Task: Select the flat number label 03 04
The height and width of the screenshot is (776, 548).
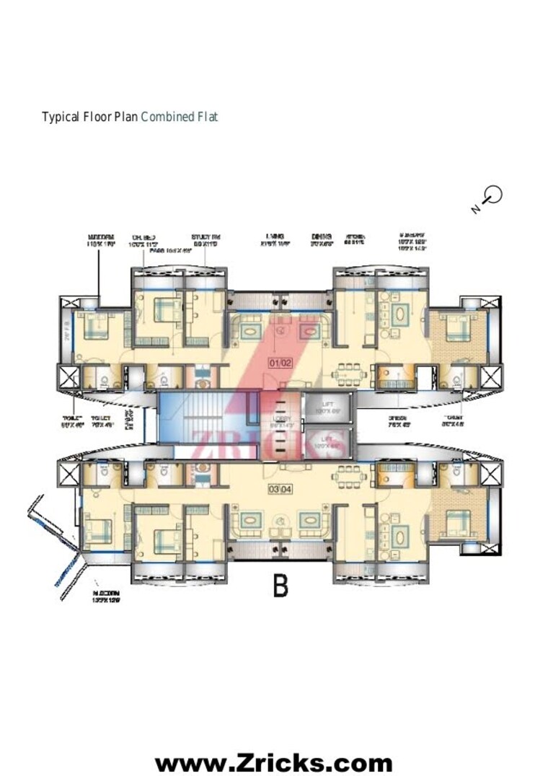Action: (280, 471)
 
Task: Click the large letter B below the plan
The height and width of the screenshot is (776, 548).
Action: (280, 586)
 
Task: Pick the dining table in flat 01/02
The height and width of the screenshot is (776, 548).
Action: (351, 374)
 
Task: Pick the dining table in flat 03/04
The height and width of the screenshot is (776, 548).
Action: (351, 477)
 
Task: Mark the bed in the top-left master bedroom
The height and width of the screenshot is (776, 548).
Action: (94, 329)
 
